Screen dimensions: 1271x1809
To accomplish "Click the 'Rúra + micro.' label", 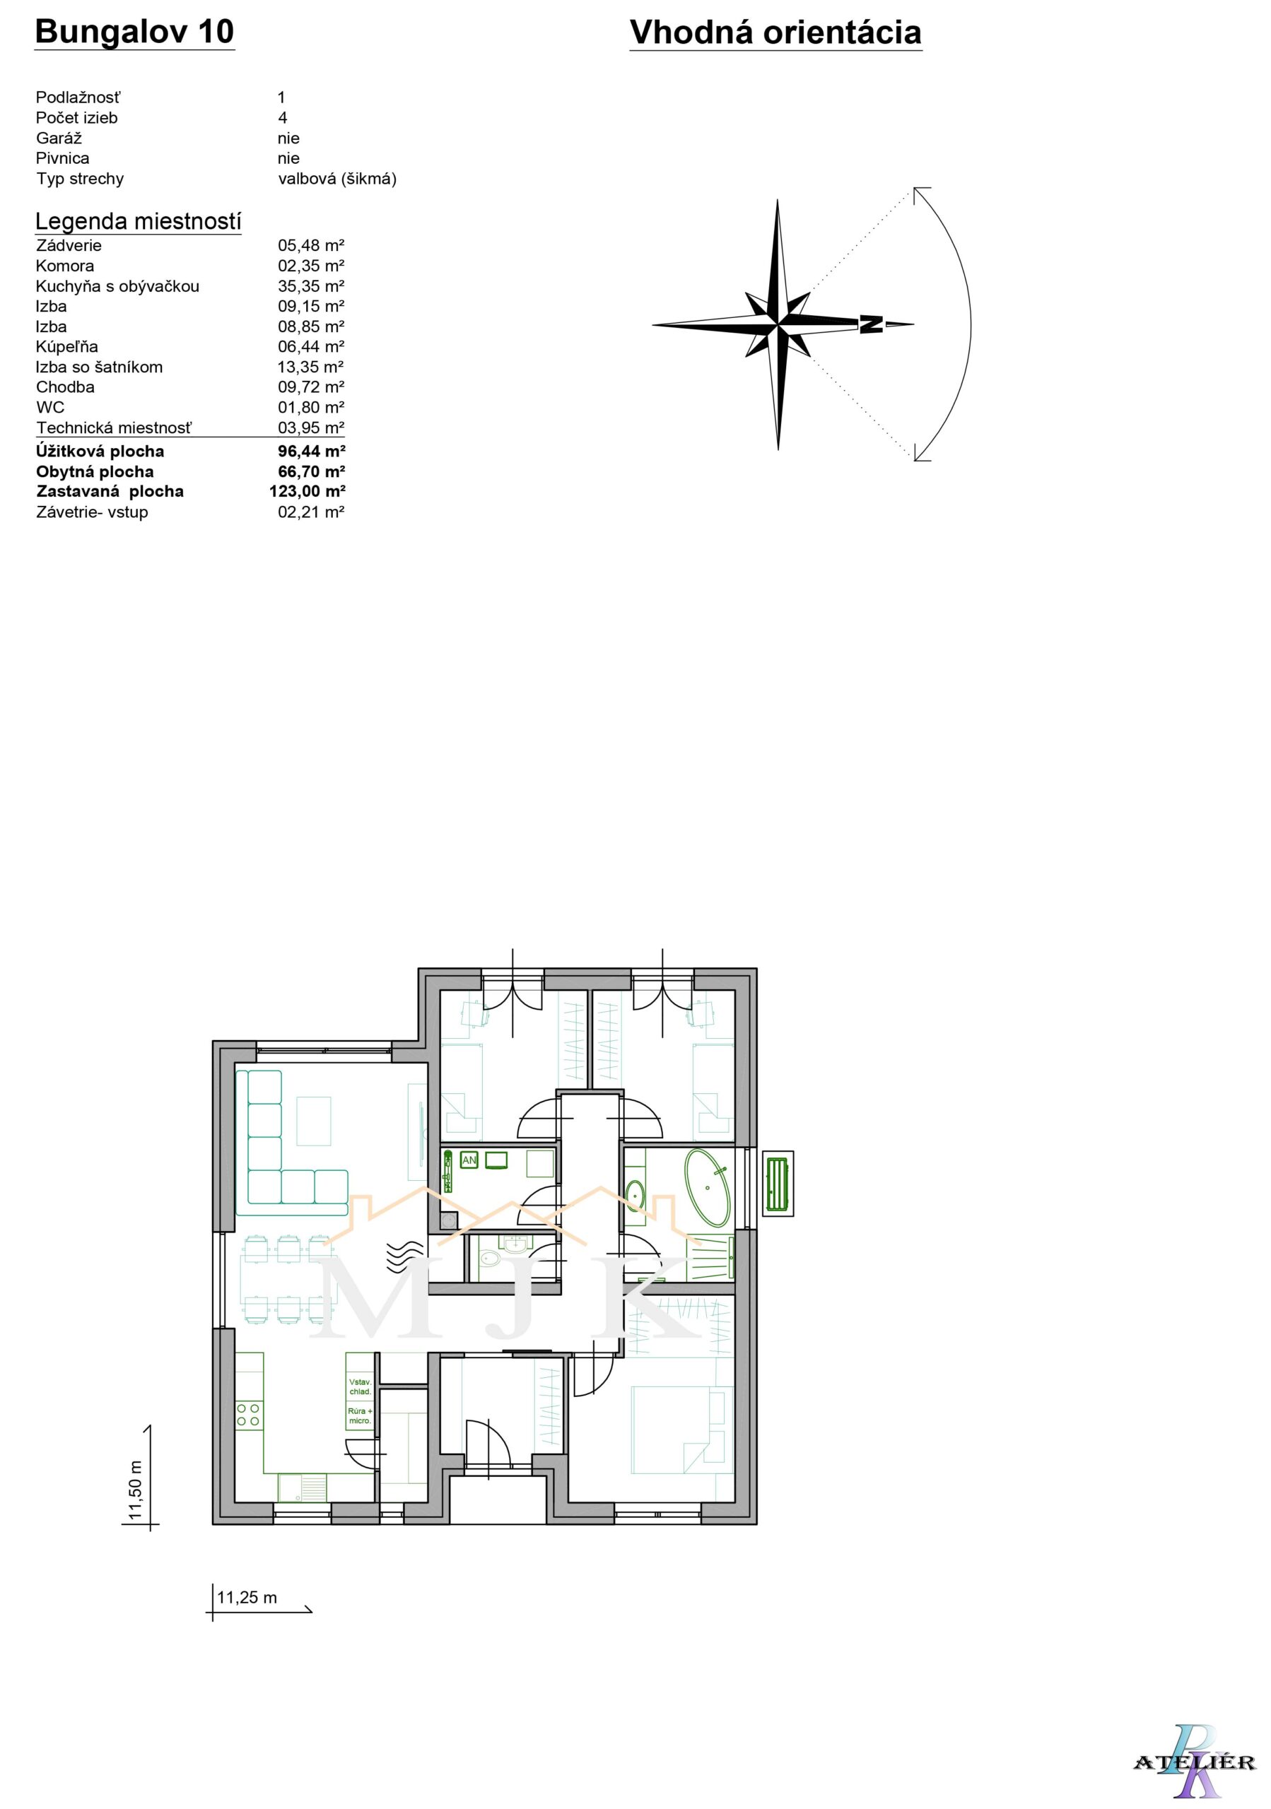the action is coord(360,1415).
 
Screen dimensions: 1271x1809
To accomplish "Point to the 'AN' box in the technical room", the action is coord(469,1160).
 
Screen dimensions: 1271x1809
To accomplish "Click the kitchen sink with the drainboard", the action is coord(302,1488).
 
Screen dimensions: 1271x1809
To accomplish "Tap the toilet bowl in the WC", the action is coord(488,1259).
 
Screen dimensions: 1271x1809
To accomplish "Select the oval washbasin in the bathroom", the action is coord(636,1195).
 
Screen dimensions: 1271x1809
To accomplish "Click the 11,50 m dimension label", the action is coord(136,1490).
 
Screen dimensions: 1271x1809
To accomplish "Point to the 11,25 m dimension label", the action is coord(247,1597).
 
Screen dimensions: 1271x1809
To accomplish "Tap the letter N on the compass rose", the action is coord(871,324).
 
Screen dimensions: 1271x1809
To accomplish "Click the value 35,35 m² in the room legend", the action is coord(311,286).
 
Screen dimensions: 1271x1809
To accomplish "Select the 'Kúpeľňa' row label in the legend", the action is coord(67,347).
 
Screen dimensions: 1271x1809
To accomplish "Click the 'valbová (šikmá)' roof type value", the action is coord(337,179).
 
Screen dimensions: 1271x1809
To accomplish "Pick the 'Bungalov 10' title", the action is coord(135,32).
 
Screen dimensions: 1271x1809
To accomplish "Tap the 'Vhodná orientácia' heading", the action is coord(775,33).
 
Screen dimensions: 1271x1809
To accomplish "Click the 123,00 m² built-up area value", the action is coord(307,491).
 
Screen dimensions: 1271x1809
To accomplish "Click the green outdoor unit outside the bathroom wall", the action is coord(778,1183).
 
